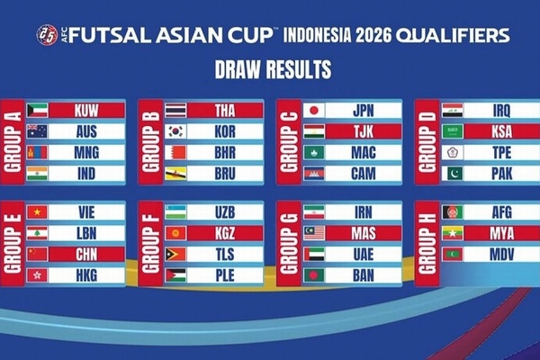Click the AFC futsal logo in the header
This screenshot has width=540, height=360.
click(47, 35)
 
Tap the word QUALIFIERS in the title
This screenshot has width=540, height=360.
click(453, 35)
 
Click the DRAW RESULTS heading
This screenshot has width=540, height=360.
click(273, 69)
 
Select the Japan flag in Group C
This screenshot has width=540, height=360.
click(314, 111)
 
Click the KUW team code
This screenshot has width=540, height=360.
click(86, 111)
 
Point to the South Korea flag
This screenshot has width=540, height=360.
click(175, 131)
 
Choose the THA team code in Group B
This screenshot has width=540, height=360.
click(225, 111)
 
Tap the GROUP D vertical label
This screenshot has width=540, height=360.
click(427, 142)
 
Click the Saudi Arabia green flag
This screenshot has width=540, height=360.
click(453, 131)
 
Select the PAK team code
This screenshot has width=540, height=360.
click(502, 174)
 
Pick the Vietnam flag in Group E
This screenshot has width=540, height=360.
click(37, 212)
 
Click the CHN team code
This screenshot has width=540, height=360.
click(86, 254)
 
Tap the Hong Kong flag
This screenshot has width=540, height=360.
click(37, 275)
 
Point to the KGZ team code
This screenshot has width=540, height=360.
click(225, 233)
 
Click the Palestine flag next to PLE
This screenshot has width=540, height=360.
click(175, 275)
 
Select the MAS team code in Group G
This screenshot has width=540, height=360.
click(364, 233)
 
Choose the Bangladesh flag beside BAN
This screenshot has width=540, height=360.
click(314, 275)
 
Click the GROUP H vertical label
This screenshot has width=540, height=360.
click(427, 244)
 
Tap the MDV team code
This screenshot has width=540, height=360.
click(502, 254)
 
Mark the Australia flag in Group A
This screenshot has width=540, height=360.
click(37, 131)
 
